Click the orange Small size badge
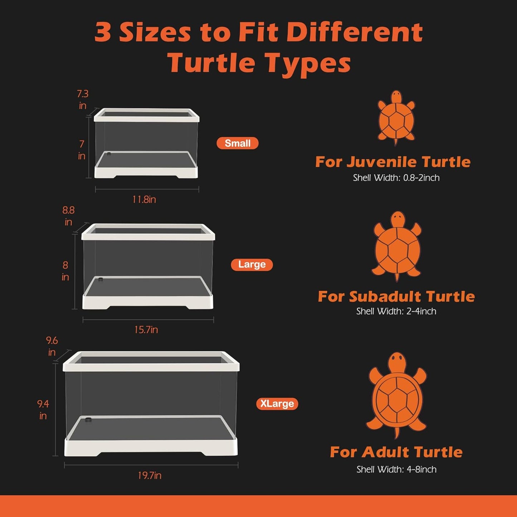pos(238,143)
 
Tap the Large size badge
pos(252,264)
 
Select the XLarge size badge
pos(277,404)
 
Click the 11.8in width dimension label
pos(144,199)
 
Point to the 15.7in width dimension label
pos(146,330)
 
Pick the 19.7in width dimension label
pos(150,475)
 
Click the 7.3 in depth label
pos(83,99)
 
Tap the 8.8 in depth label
pos(68,216)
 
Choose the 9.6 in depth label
pos(52,346)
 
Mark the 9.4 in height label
pos(43,409)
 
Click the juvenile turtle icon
pos(396,117)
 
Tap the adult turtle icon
pos(397,395)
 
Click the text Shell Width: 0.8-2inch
pos(396,178)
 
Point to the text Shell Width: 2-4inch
pos(396,311)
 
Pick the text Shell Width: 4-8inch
pos(396,469)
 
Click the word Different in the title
pos(355,33)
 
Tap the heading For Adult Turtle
pos(396,452)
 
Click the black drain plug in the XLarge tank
pos(88,419)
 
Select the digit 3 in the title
pos(103,33)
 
